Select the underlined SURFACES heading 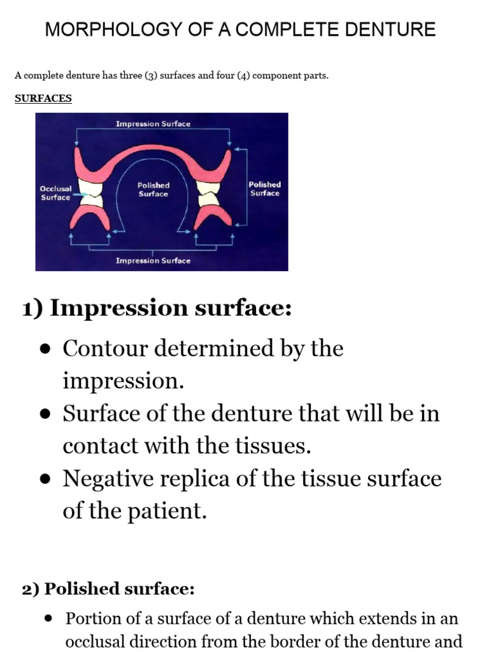point(43,99)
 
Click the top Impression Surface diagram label point(153,124)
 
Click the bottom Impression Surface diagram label point(153,260)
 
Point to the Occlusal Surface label point(55,193)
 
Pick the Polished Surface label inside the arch point(153,189)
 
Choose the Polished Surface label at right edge point(264,188)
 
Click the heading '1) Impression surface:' point(157,308)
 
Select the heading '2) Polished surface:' point(108,589)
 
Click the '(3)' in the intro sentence point(153,76)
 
